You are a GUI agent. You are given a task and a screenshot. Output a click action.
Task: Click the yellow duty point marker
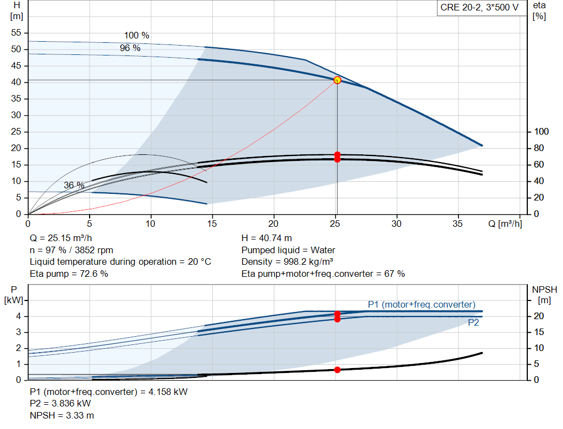(x=337, y=80)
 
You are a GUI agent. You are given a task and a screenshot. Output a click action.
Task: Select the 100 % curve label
(x=136, y=35)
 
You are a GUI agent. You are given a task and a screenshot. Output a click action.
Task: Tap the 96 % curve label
(x=130, y=48)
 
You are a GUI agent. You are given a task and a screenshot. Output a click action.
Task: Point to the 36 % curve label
(x=74, y=186)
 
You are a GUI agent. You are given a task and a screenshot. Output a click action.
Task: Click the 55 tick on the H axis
(x=16, y=33)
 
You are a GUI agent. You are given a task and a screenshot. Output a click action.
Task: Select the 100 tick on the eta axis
(x=542, y=132)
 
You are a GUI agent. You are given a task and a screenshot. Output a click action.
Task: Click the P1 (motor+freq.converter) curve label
(x=422, y=304)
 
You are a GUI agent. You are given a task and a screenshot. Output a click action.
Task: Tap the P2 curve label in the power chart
(x=473, y=323)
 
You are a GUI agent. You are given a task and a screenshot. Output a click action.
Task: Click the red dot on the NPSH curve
(x=337, y=370)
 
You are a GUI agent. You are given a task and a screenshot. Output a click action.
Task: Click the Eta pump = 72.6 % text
(x=69, y=274)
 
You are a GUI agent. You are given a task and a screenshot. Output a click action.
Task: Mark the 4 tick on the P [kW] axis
(x=18, y=316)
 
